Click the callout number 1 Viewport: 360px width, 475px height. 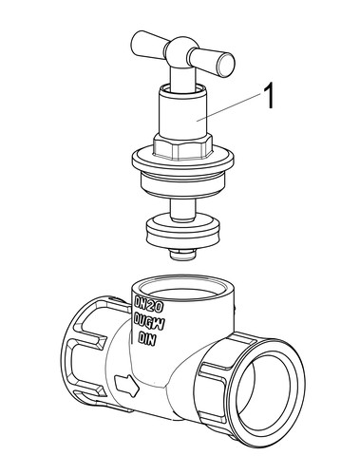tap(268, 96)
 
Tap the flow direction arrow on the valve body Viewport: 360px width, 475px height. tap(127, 385)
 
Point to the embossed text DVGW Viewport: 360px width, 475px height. tap(148, 321)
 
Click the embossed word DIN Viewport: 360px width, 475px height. tap(147, 339)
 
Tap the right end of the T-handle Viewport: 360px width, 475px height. tap(226, 65)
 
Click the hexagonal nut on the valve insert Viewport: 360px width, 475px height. tap(182, 146)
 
